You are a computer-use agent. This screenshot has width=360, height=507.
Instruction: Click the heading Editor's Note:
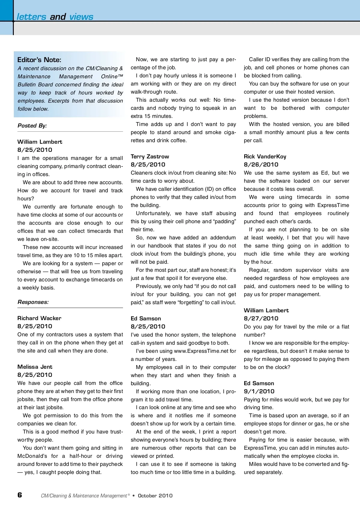coord(39,60)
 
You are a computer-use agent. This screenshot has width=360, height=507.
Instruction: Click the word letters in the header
coord(31,17)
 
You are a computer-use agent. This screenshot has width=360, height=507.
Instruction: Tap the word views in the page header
coord(81,17)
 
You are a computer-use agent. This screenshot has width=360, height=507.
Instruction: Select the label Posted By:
coord(32,126)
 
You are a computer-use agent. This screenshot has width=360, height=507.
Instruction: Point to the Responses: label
coord(33,302)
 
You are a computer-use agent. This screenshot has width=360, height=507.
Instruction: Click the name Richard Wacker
coord(39,318)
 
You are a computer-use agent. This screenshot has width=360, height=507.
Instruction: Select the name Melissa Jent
coord(35,367)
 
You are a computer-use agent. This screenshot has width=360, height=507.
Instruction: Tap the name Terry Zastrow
coord(150,157)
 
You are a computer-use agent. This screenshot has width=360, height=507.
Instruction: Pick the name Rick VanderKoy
coord(265,157)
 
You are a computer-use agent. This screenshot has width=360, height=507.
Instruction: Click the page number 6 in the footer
coord(20,495)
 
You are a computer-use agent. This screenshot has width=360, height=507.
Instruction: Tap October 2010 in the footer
coord(155,496)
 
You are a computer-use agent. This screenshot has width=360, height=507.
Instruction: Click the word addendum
coord(223,238)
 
